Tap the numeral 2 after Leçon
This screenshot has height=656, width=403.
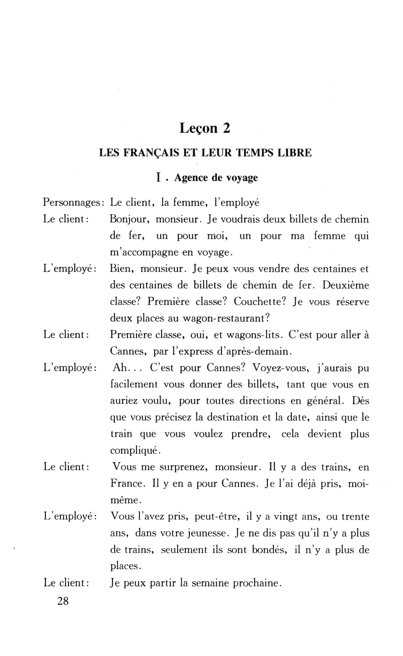tap(226, 129)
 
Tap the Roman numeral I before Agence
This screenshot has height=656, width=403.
tap(158, 178)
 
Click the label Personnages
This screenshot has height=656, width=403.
tap(73, 203)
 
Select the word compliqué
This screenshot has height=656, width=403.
tap(134, 451)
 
